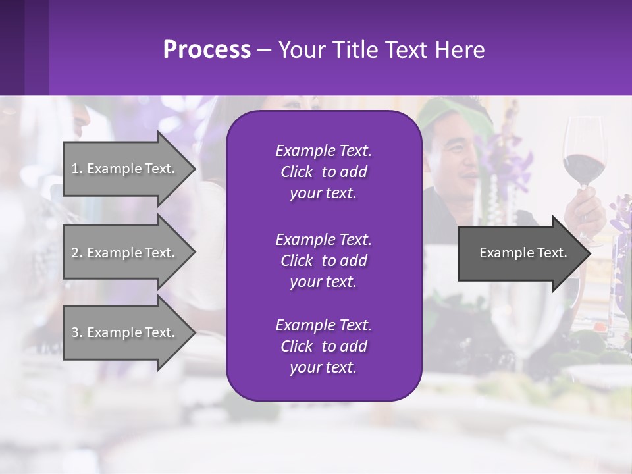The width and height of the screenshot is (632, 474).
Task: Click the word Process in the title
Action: [x=207, y=50]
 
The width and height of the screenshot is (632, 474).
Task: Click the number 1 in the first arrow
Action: [x=74, y=169]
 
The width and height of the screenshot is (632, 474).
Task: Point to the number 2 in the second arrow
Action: [x=74, y=253]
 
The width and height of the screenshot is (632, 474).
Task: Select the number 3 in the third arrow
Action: [x=74, y=332]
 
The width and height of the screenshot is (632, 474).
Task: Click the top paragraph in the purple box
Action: [x=323, y=172]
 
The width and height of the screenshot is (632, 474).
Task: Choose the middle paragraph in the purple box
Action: [x=323, y=261]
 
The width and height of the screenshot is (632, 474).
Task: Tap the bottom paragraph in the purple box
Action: [x=323, y=346]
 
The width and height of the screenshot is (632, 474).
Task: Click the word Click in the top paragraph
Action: [x=296, y=172]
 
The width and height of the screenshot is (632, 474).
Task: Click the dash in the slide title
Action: [x=264, y=51]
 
